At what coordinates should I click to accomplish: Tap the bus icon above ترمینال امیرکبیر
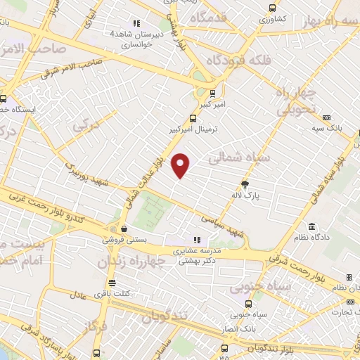click(193, 119)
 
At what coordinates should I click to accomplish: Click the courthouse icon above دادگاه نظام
click(312, 227)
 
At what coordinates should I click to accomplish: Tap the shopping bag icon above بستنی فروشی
click(124, 229)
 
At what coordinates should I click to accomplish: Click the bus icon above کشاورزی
click(273, 8)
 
